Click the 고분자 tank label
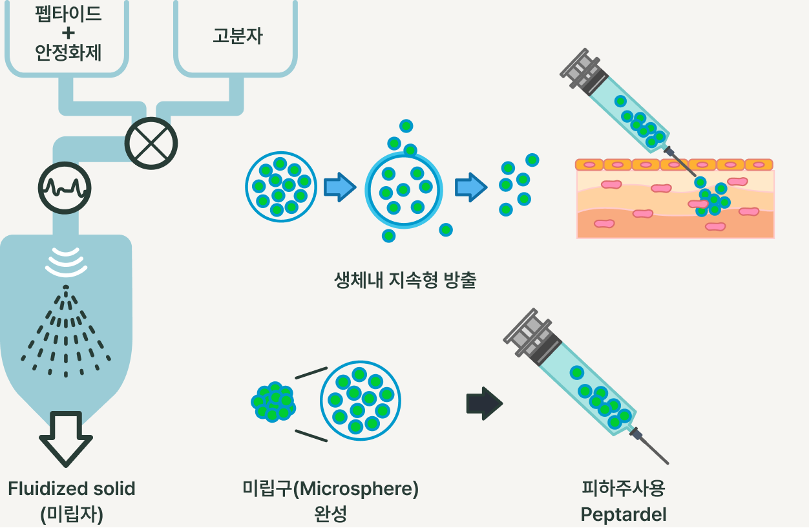(238, 36)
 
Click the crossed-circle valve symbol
(151, 142)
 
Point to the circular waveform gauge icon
(65, 188)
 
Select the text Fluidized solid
(72, 489)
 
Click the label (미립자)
(72, 514)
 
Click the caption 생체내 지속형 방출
(405, 280)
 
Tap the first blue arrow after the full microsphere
(339, 187)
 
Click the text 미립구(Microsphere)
(330, 489)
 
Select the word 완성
(330, 514)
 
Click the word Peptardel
(624, 514)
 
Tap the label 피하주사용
(624, 489)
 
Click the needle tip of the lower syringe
(666, 461)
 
